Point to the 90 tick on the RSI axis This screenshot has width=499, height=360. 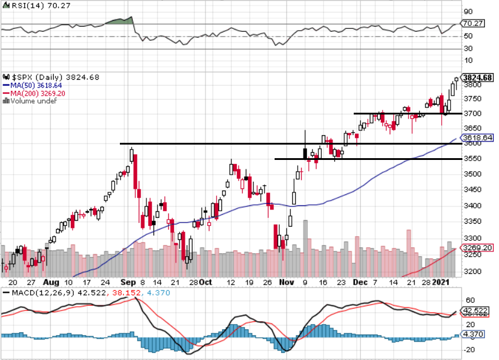click(469, 11)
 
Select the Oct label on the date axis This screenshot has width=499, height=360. click(205, 283)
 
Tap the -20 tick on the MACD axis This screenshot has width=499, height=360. click(469, 349)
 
